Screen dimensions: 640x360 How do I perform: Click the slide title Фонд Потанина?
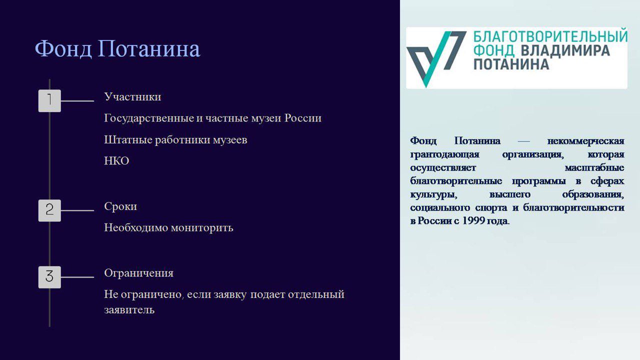click(117, 48)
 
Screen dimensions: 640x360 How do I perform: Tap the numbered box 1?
click(49, 101)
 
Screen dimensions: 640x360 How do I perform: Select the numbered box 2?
click(49, 210)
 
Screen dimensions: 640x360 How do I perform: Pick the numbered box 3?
click(49, 277)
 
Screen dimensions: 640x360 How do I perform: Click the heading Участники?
click(132, 97)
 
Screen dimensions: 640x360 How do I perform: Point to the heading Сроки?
click(120, 207)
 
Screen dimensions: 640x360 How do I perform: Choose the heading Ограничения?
click(138, 273)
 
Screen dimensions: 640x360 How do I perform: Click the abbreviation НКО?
click(116, 161)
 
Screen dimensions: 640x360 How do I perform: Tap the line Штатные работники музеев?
click(175, 140)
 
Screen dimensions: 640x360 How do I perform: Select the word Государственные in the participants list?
click(149, 118)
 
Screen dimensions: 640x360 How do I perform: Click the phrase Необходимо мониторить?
click(168, 228)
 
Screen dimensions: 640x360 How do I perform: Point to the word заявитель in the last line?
click(129, 310)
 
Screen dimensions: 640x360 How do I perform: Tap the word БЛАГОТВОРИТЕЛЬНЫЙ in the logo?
click(550, 36)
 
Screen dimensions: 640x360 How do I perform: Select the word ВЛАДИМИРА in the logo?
click(565, 50)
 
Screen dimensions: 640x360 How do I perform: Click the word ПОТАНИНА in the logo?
click(511, 64)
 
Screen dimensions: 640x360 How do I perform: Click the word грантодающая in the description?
click(444, 154)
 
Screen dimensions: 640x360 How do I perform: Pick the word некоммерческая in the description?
click(585, 141)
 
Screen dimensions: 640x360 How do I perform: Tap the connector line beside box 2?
click(77, 210)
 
